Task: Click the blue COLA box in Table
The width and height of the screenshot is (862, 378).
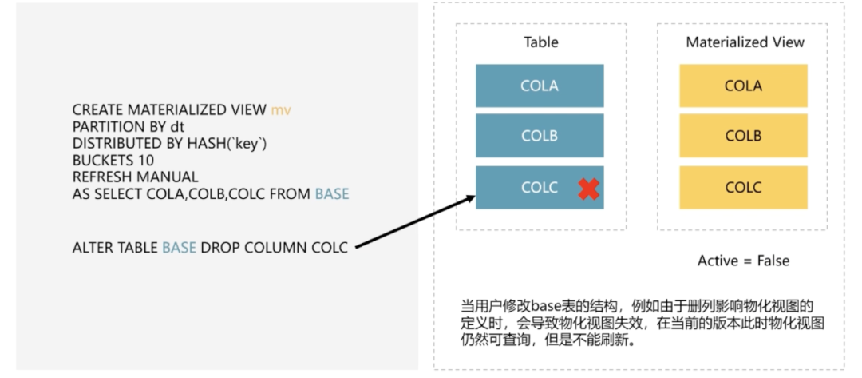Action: (x=540, y=86)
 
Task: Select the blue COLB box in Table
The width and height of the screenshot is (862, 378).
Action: (x=540, y=135)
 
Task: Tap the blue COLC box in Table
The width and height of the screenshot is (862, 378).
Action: (x=540, y=188)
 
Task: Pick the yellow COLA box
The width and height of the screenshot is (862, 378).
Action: (x=743, y=86)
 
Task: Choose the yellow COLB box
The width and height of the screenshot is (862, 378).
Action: (x=743, y=135)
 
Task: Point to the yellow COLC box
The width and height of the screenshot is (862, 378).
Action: (x=743, y=188)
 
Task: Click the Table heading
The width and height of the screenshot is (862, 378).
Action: (x=541, y=42)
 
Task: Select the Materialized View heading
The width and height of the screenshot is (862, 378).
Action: (x=745, y=42)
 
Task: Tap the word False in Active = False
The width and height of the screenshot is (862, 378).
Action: (x=773, y=261)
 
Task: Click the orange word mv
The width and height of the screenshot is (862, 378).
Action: (x=281, y=110)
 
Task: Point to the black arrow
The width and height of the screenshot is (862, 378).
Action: (x=415, y=221)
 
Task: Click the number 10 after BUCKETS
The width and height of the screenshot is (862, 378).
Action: (x=146, y=161)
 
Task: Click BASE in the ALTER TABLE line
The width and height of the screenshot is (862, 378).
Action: (x=180, y=248)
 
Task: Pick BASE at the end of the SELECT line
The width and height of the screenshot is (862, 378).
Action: (x=332, y=194)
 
